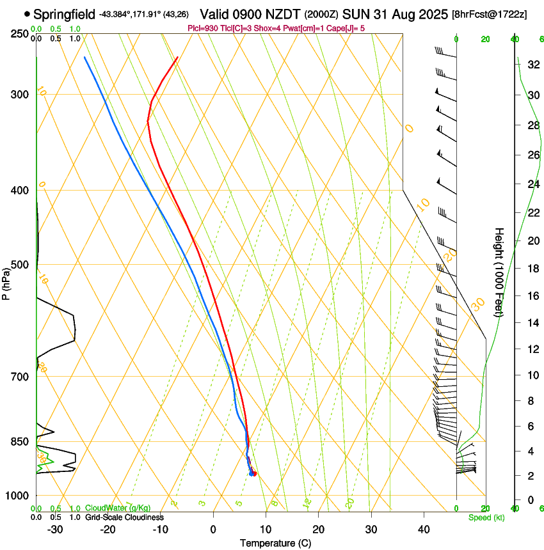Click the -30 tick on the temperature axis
[x=55, y=530]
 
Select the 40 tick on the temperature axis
[x=423, y=530]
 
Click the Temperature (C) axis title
[x=275, y=544]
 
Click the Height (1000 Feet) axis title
[x=499, y=272]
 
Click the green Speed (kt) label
[x=486, y=517]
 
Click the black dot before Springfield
[x=27, y=13]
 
